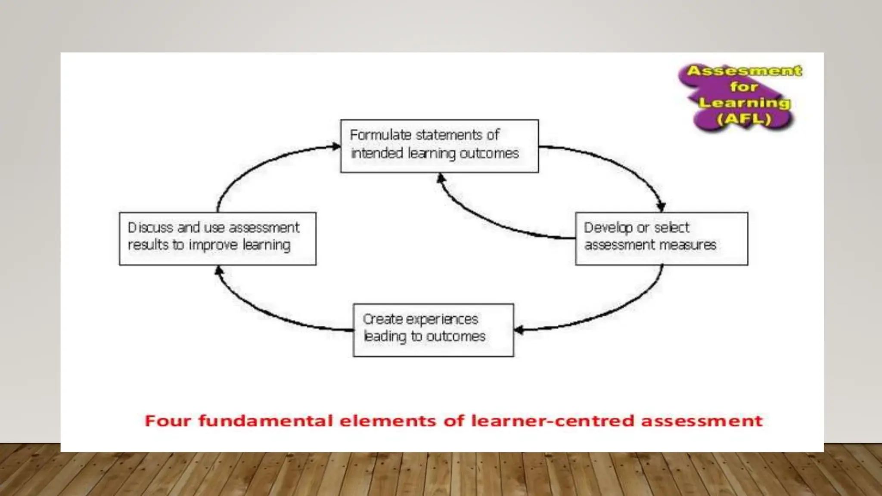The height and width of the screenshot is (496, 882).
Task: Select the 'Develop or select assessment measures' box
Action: coord(661,239)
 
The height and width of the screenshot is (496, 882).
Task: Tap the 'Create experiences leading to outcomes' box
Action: coord(433,330)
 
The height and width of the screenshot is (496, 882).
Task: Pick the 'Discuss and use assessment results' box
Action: coord(217,239)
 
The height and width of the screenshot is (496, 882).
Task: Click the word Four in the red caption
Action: coord(168,421)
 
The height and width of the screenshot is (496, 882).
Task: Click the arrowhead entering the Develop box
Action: coord(661,207)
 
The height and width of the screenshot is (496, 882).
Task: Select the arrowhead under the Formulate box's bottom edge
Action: coord(440,177)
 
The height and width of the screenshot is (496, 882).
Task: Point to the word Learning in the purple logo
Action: coord(744,103)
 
